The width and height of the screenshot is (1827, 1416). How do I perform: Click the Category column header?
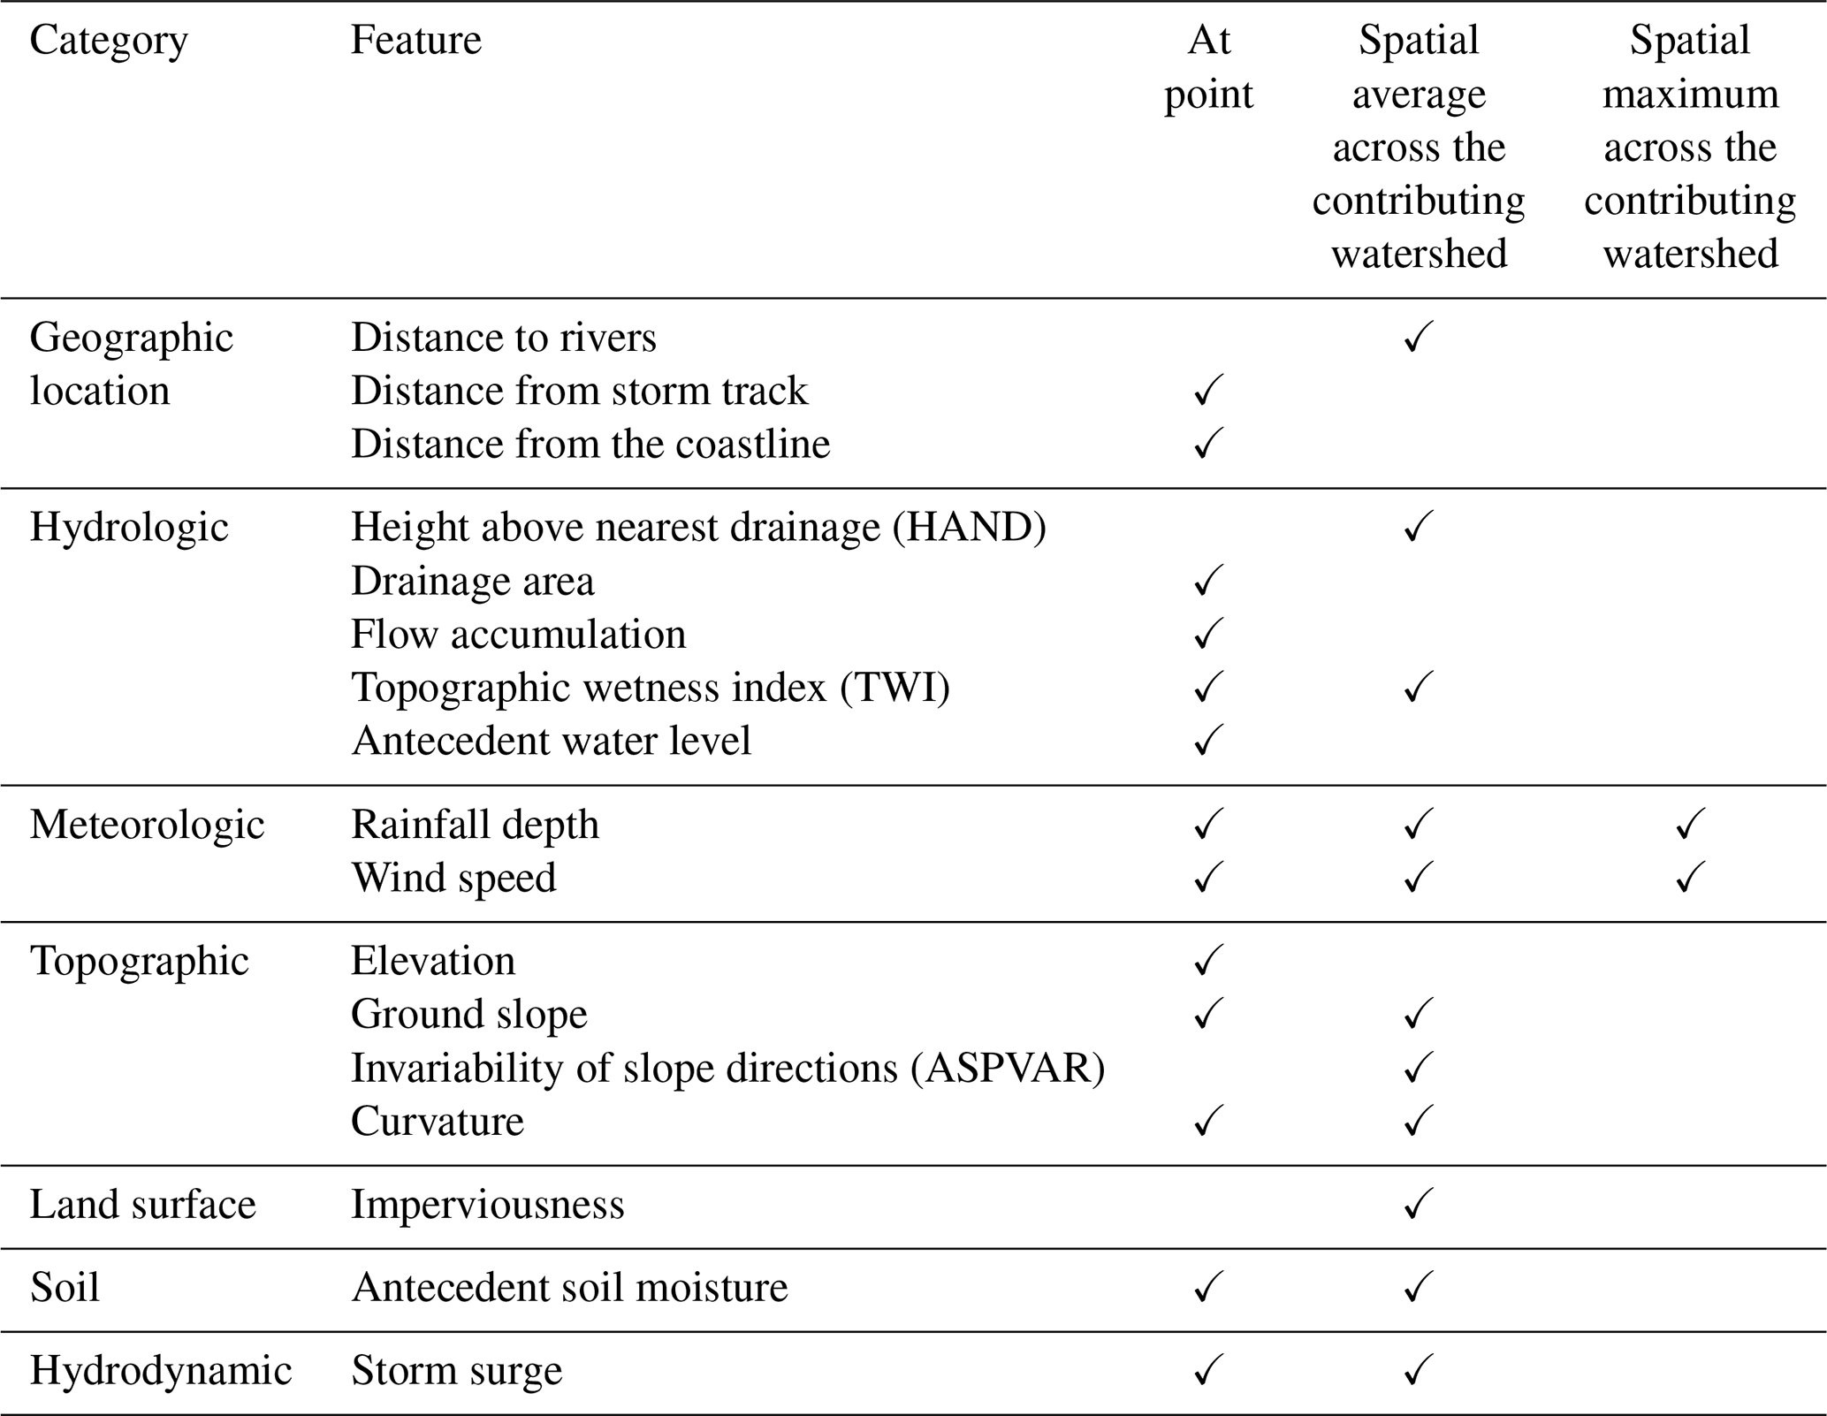[x=109, y=41]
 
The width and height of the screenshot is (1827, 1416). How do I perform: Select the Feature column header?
[x=415, y=41]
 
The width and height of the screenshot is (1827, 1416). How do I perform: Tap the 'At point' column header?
[x=1208, y=67]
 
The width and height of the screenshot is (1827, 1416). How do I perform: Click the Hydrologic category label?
[x=129, y=528]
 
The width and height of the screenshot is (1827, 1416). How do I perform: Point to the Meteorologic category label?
[x=147, y=825]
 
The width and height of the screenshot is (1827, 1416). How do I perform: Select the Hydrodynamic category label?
[x=160, y=1371]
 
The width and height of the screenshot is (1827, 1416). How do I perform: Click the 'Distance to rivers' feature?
[x=504, y=338]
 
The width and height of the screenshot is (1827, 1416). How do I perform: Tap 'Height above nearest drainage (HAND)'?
[x=698, y=528]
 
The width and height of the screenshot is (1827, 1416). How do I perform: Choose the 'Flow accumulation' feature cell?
[x=518, y=635]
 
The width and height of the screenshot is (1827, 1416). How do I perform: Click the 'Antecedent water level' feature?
[x=552, y=741]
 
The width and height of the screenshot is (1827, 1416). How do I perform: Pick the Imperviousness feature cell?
[x=487, y=1205]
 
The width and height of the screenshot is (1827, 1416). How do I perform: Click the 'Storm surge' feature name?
[x=456, y=1371]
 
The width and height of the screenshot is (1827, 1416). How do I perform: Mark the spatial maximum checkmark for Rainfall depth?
[x=1689, y=825]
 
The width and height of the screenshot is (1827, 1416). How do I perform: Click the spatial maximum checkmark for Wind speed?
[x=1689, y=878]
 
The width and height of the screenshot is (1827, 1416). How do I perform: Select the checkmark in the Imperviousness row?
[x=1418, y=1205]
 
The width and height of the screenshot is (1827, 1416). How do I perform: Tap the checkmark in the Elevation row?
[x=1208, y=961]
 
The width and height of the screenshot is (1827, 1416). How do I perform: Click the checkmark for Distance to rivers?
[x=1418, y=338]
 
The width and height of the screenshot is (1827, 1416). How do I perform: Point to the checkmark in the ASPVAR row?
[x=1418, y=1068]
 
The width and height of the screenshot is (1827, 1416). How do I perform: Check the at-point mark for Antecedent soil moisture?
[x=1208, y=1288]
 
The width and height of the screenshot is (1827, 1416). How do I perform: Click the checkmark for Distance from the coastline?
[x=1208, y=444]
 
